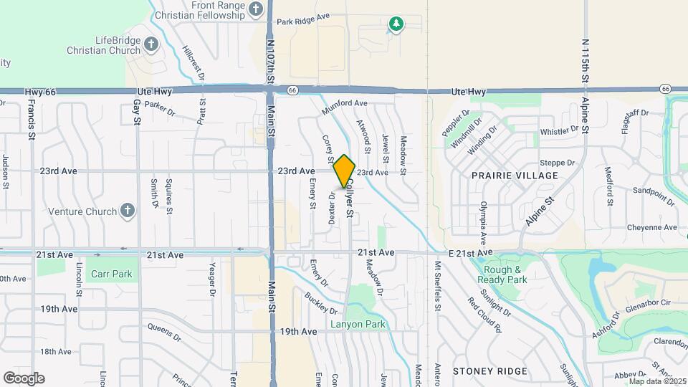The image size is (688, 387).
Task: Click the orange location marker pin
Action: pyautogui.click(x=345, y=171)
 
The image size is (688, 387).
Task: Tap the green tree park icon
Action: pyautogui.click(x=396, y=25)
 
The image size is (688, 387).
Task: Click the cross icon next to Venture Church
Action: pyautogui.click(x=127, y=211)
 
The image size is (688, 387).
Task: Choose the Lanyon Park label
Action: pyautogui.click(x=358, y=324)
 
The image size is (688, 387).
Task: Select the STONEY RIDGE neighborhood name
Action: pyautogui.click(x=489, y=371)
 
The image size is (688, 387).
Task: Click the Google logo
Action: pyautogui.click(x=24, y=378)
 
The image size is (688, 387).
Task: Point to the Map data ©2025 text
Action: pyautogui.click(x=658, y=381)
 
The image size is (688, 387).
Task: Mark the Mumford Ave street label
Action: pyautogui.click(x=345, y=104)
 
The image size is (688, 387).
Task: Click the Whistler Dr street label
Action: pyautogui.click(x=559, y=131)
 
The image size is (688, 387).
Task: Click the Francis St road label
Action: pyautogui.click(x=32, y=114)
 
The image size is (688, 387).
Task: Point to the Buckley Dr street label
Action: pyautogui.click(x=320, y=303)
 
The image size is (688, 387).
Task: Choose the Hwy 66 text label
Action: pyautogui.click(x=40, y=92)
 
